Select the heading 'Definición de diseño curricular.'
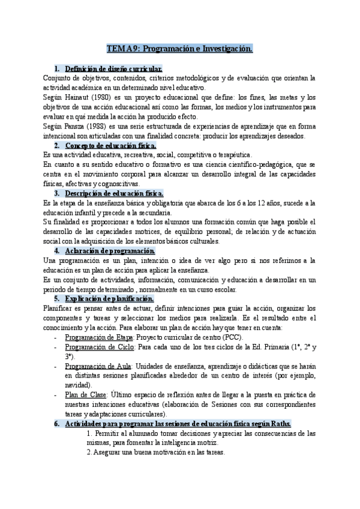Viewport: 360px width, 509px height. (x=113, y=69)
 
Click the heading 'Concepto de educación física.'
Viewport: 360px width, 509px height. (x=110, y=145)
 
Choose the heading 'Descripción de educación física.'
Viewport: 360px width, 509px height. (x=113, y=193)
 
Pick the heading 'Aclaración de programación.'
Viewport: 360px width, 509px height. (x=104, y=250)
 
